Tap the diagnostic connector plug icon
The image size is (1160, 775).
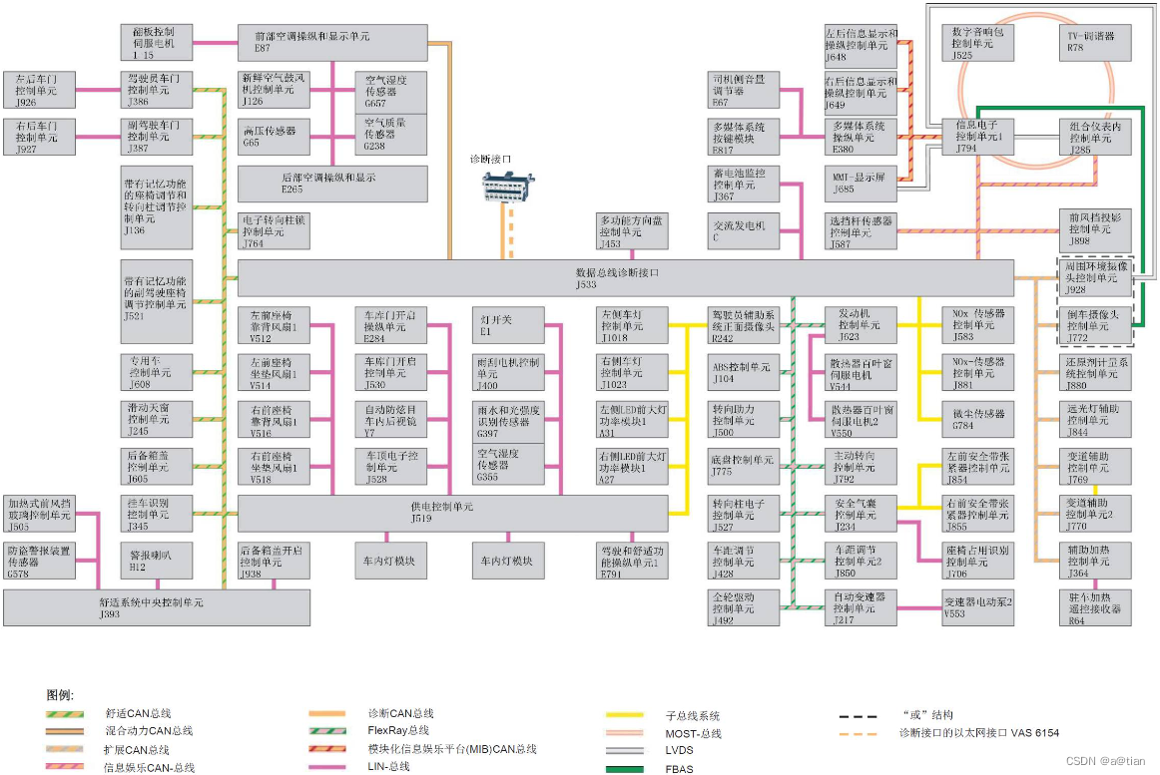(507, 187)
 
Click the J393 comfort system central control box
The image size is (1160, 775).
(155, 607)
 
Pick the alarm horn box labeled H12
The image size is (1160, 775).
(156, 562)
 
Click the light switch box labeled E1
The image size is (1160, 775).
(509, 325)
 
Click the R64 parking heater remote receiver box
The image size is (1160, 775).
(1095, 607)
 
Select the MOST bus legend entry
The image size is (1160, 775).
(693, 733)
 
